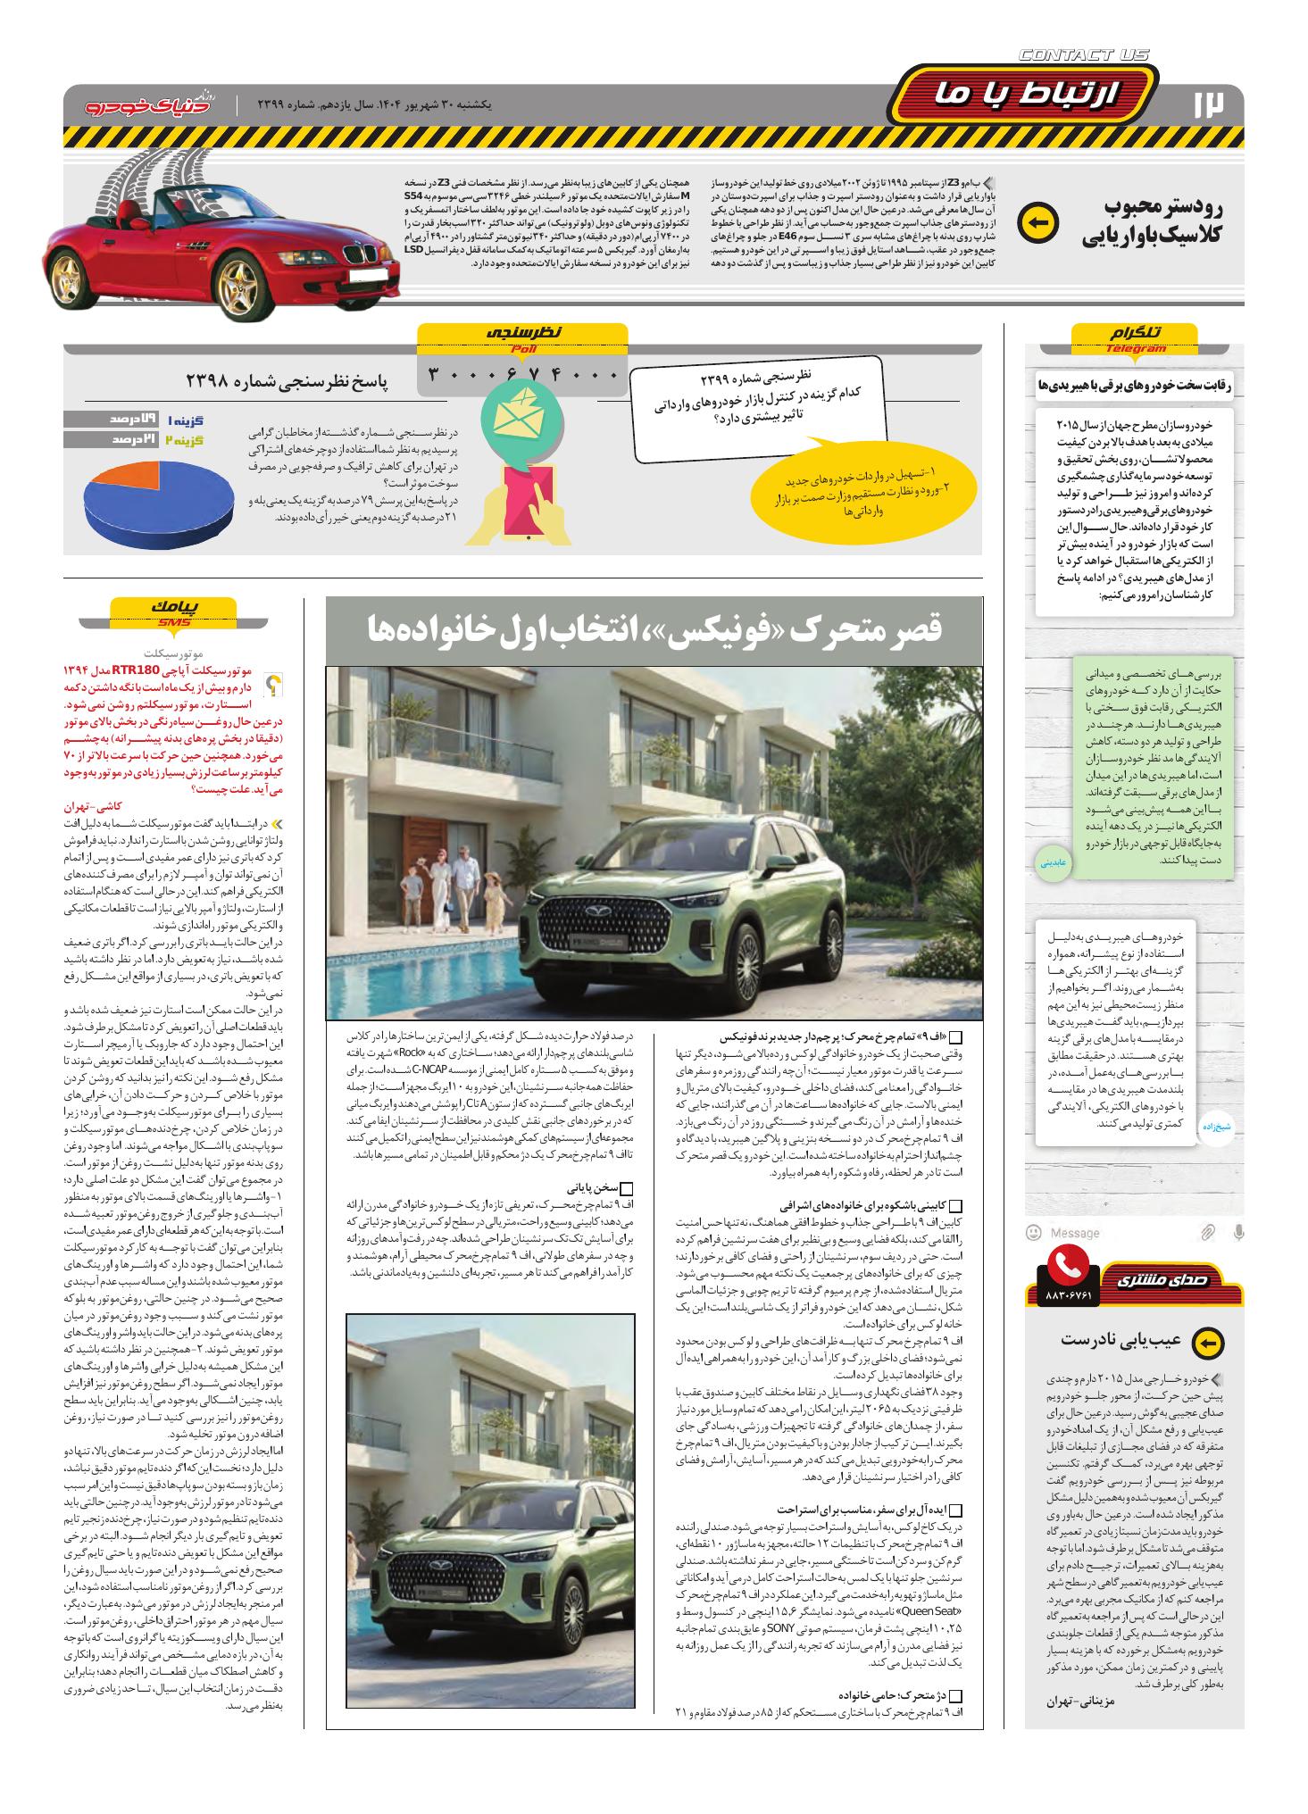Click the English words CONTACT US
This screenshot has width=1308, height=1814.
(1084, 56)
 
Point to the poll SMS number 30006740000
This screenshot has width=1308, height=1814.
(523, 374)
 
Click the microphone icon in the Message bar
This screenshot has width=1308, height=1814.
(1238, 1233)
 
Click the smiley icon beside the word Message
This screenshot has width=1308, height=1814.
(1034, 1233)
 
